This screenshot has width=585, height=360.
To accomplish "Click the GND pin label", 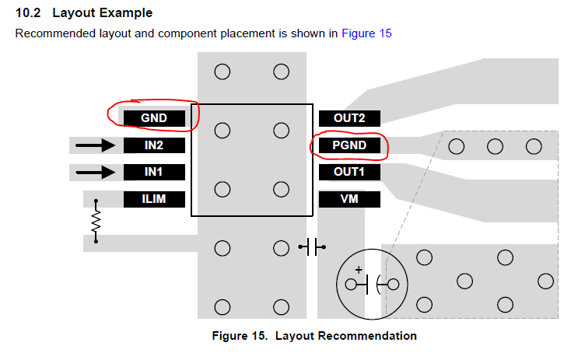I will [x=155, y=118].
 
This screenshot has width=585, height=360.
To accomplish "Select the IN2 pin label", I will [x=155, y=145].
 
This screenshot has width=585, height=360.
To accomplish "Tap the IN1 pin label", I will [x=155, y=172].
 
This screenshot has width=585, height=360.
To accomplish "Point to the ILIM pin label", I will [x=155, y=199].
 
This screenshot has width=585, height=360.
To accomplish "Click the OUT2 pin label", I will [x=349, y=118].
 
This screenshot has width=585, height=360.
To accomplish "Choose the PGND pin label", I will [x=349, y=145].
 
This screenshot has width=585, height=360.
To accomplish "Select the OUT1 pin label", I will [x=349, y=172].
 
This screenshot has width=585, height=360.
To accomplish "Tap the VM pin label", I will [x=349, y=199].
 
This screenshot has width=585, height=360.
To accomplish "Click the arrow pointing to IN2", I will [x=96, y=145].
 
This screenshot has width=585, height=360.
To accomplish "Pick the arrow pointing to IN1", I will [x=96, y=172].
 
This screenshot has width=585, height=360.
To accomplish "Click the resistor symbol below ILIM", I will [x=96, y=222].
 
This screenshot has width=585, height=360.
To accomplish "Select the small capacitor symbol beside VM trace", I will [x=313, y=248].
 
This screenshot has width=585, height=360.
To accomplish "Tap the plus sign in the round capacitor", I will [x=359, y=270].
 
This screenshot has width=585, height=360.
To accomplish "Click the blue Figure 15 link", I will [x=366, y=33].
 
